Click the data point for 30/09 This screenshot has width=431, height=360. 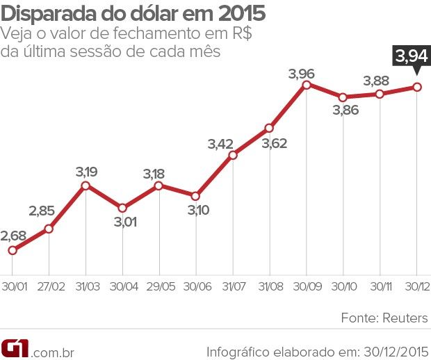(x=306, y=85)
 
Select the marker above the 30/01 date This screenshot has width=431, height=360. (x=12, y=250)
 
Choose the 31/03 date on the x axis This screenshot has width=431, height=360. (x=86, y=286)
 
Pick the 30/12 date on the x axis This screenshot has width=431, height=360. (x=416, y=286)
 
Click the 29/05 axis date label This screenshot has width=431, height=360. (x=158, y=286)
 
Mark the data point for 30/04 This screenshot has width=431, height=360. (x=122, y=208)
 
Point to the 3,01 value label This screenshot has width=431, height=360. (x=123, y=222)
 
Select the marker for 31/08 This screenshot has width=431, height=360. (x=269, y=128)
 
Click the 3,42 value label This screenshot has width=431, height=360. (x=220, y=144)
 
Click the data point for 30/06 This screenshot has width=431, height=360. (x=195, y=196)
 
